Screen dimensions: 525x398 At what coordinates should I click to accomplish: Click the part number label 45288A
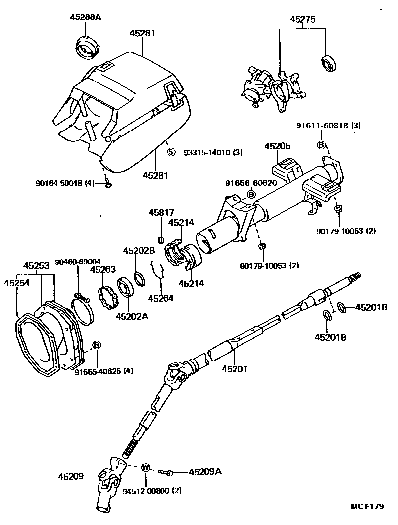(x=85, y=17)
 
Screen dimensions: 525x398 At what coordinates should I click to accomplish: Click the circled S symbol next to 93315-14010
(x=171, y=152)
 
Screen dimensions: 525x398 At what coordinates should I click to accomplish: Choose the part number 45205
(x=278, y=146)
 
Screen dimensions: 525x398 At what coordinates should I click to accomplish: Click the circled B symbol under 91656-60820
(x=251, y=194)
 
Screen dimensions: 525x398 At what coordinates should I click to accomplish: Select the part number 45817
(x=160, y=213)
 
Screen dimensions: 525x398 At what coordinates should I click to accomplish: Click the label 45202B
(x=139, y=251)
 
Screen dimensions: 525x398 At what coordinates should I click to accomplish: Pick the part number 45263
(x=102, y=270)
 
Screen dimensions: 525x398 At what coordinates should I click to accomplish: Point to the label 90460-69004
(x=78, y=262)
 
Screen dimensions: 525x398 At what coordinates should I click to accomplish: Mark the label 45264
(x=161, y=298)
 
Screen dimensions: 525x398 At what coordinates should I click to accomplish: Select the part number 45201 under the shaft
(x=234, y=369)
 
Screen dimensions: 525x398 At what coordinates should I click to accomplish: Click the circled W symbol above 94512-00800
(x=146, y=467)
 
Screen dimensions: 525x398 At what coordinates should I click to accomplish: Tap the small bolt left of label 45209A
(x=166, y=472)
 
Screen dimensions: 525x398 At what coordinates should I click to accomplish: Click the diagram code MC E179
(x=367, y=507)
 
